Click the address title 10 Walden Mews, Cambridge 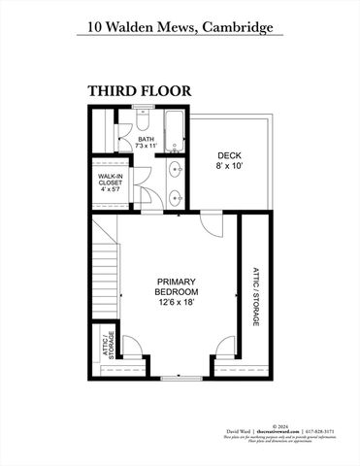(180, 28)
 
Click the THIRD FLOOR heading (139, 90)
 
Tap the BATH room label (146, 139)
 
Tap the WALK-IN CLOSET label (109, 180)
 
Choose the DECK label (229, 154)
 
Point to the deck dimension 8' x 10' (229, 166)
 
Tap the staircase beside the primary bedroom (106, 272)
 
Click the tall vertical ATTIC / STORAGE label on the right (256, 295)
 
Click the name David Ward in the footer (239, 431)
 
